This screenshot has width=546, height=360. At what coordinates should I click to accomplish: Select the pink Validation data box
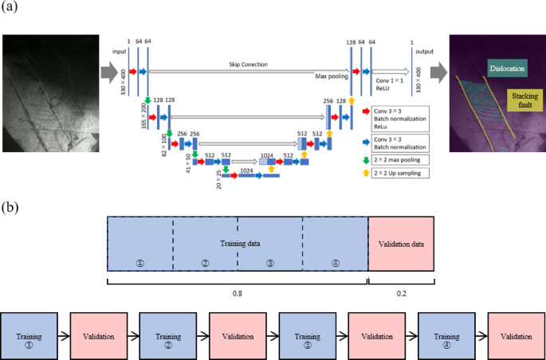401,244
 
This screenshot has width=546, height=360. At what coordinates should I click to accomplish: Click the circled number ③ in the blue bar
270,264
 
